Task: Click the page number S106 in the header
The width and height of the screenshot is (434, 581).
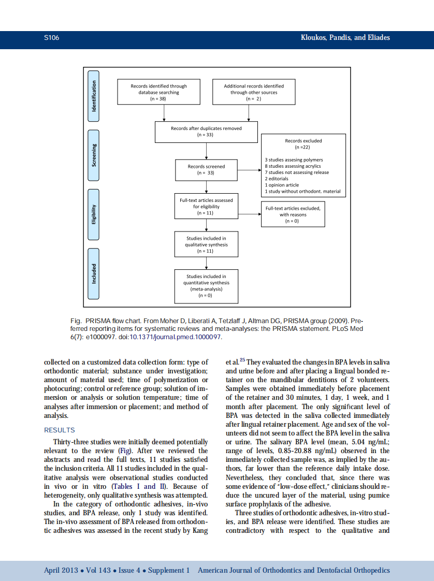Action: click(51, 38)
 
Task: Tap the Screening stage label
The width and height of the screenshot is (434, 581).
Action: click(94, 155)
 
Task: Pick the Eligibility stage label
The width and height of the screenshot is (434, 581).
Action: click(94, 214)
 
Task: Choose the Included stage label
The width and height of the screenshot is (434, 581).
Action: click(94, 273)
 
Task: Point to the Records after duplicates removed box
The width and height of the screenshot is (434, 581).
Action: click(206, 132)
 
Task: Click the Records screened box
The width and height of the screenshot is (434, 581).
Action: click(206, 170)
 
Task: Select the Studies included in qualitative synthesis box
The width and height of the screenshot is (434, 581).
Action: click(206, 244)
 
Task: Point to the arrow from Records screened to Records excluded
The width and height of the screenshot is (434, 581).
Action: click(250, 170)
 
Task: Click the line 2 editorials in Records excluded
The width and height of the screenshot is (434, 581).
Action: click(277, 179)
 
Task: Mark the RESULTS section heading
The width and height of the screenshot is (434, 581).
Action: click(60, 430)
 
